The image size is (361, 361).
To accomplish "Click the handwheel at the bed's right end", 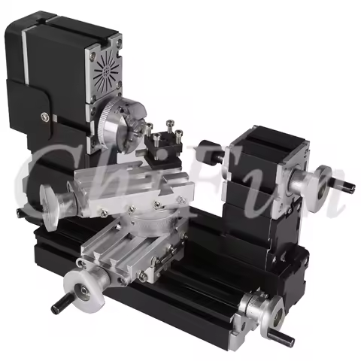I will pyautogui.click(x=259, y=308).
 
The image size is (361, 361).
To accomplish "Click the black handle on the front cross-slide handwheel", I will pyautogui.click(x=58, y=306).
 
